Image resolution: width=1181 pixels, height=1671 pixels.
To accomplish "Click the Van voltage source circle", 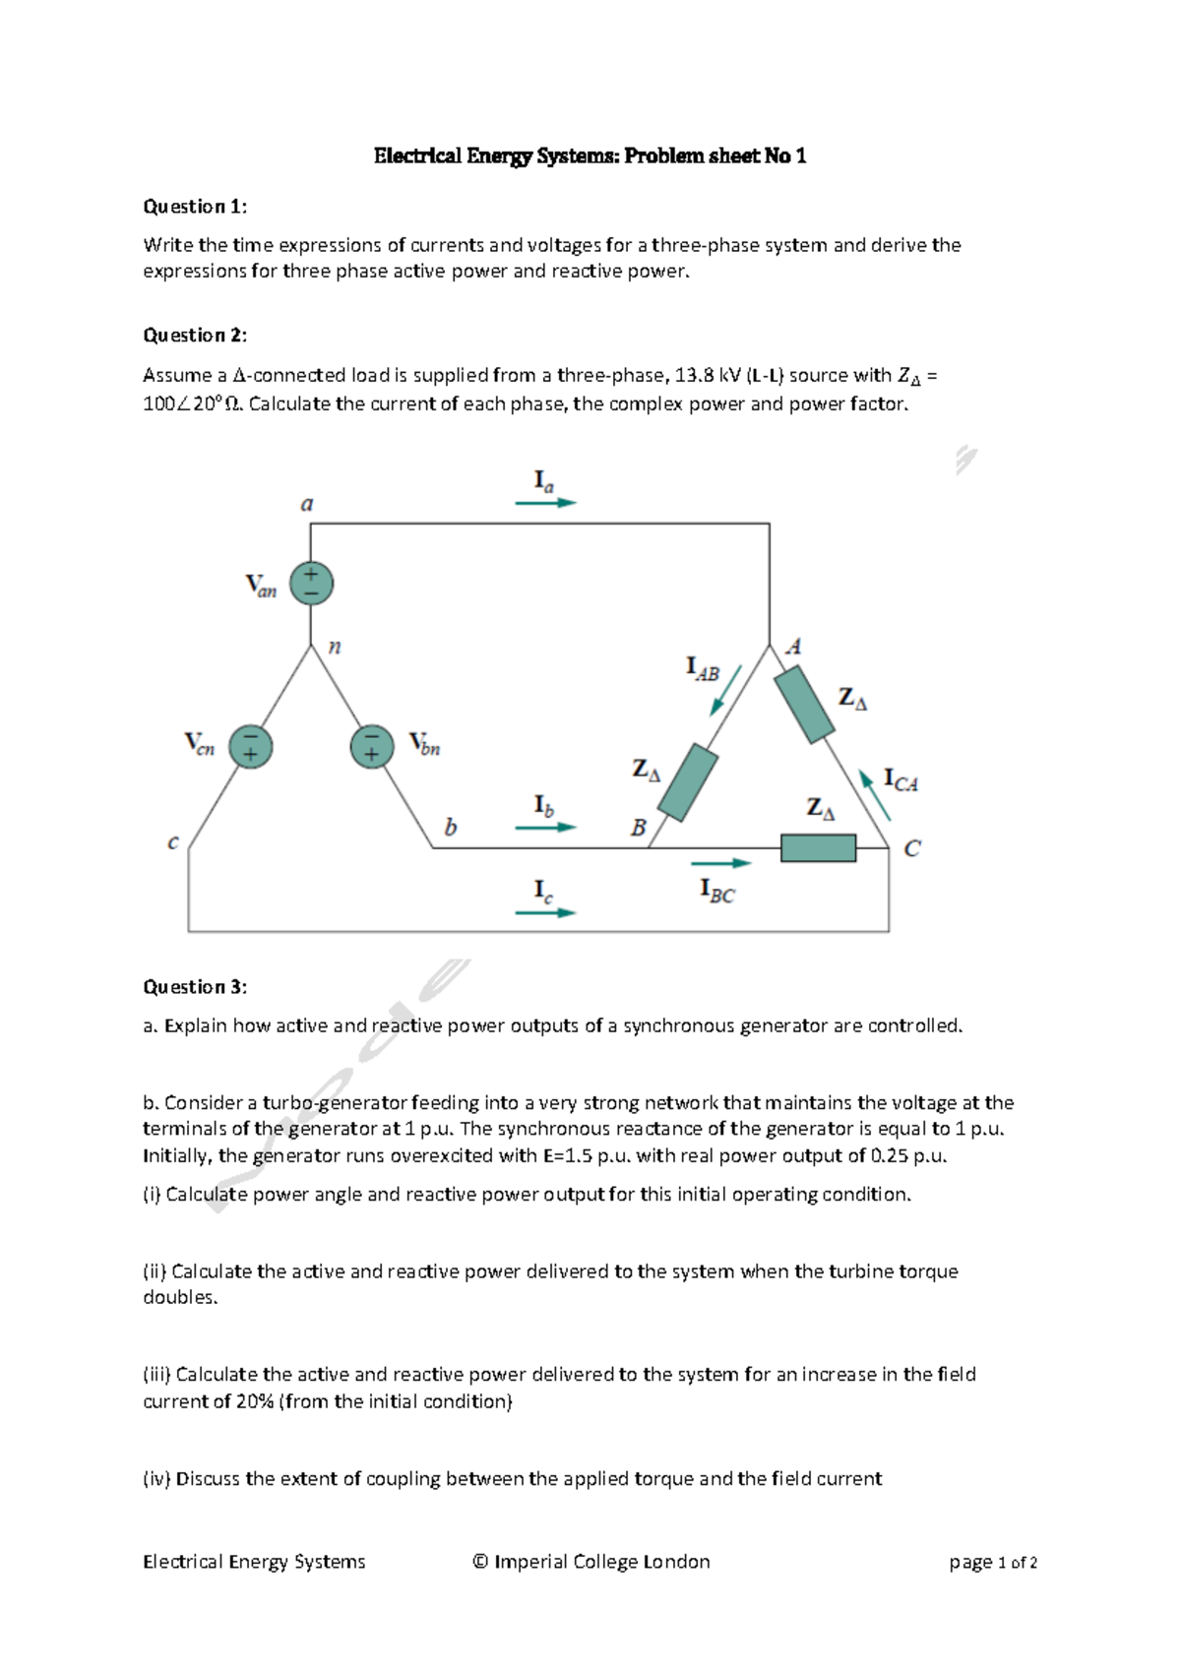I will coord(311,584).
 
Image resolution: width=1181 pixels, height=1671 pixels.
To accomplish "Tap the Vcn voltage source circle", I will coord(250,746).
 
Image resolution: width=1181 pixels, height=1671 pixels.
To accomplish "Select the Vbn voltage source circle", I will coord(372,746).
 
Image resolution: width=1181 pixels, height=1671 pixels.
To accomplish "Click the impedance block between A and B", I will coord(688,782).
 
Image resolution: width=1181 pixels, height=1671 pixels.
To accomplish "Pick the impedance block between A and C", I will coord(804,704).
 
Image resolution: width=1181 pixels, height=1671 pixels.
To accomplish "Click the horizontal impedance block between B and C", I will coord(818,847).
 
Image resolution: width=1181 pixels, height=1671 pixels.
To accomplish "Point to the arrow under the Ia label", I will coord(545,503).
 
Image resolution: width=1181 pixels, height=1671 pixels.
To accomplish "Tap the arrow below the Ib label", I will coord(545,828).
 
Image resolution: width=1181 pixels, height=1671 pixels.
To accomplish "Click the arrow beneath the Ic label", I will coord(545,913).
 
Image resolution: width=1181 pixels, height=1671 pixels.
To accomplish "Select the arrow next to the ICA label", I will coord(875,795).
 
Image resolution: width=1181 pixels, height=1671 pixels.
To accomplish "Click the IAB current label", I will coord(703,669).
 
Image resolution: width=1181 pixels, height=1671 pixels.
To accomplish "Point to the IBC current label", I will coord(716,892).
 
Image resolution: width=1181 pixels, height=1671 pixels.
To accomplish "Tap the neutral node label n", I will coord(335,647).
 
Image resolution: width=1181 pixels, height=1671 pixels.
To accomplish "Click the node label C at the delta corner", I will coord(912,848).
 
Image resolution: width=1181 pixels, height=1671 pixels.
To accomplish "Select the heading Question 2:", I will coord(195,336).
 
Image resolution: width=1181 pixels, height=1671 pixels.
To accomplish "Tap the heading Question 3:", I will coord(195,987).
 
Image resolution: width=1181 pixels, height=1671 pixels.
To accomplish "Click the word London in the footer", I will coord(676,1562).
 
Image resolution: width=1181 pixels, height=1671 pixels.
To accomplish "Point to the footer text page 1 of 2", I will coord(993,1563).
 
